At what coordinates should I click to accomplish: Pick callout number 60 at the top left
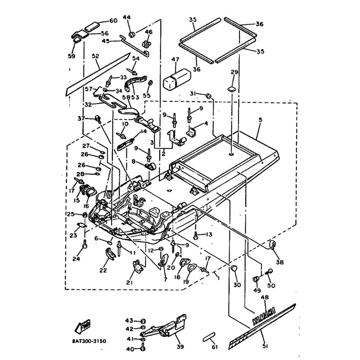[x=112, y=21]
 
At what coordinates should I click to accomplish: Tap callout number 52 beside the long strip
[x=95, y=57]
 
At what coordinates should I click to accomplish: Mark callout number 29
[x=233, y=72]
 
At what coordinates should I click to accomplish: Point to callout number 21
[x=130, y=282]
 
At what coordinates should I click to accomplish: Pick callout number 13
[x=209, y=234]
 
